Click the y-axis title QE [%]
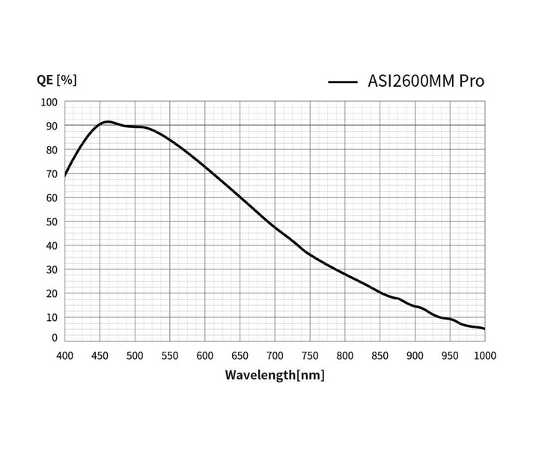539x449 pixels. click(57, 80)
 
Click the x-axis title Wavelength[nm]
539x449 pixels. click(275, 375)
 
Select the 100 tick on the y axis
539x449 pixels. click(49, 103)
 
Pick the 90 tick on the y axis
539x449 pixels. click(52, 126)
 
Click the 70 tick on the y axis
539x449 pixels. click(52, 174)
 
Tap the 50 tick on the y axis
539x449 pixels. click(52, 222)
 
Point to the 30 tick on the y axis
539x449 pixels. click(52, 269)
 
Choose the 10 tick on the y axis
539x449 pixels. click(52, 317)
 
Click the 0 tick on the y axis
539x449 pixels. click(54, 338)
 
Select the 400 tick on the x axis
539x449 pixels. click(65, 355)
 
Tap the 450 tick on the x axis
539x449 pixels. click(100, 355)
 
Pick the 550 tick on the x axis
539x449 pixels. click(170, 355)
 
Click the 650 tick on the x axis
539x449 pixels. click(240, 355)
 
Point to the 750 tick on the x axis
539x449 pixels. click(310, 355)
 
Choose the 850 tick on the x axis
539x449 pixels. click(380, 355)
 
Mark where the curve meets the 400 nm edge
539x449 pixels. click(65, 176)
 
